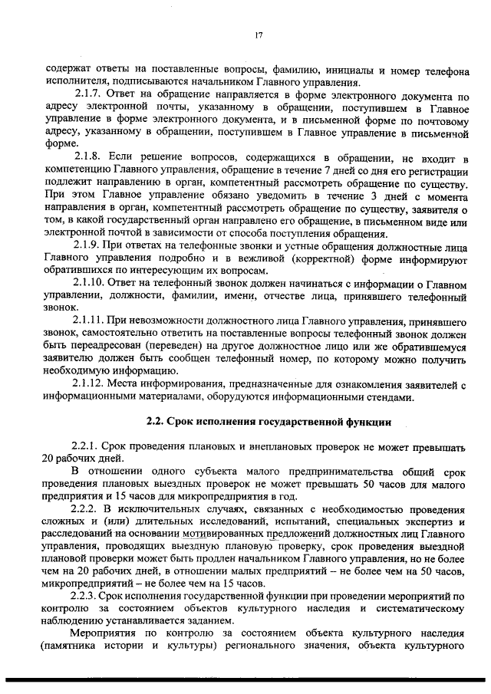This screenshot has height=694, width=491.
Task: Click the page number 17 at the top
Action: (259, 34)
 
